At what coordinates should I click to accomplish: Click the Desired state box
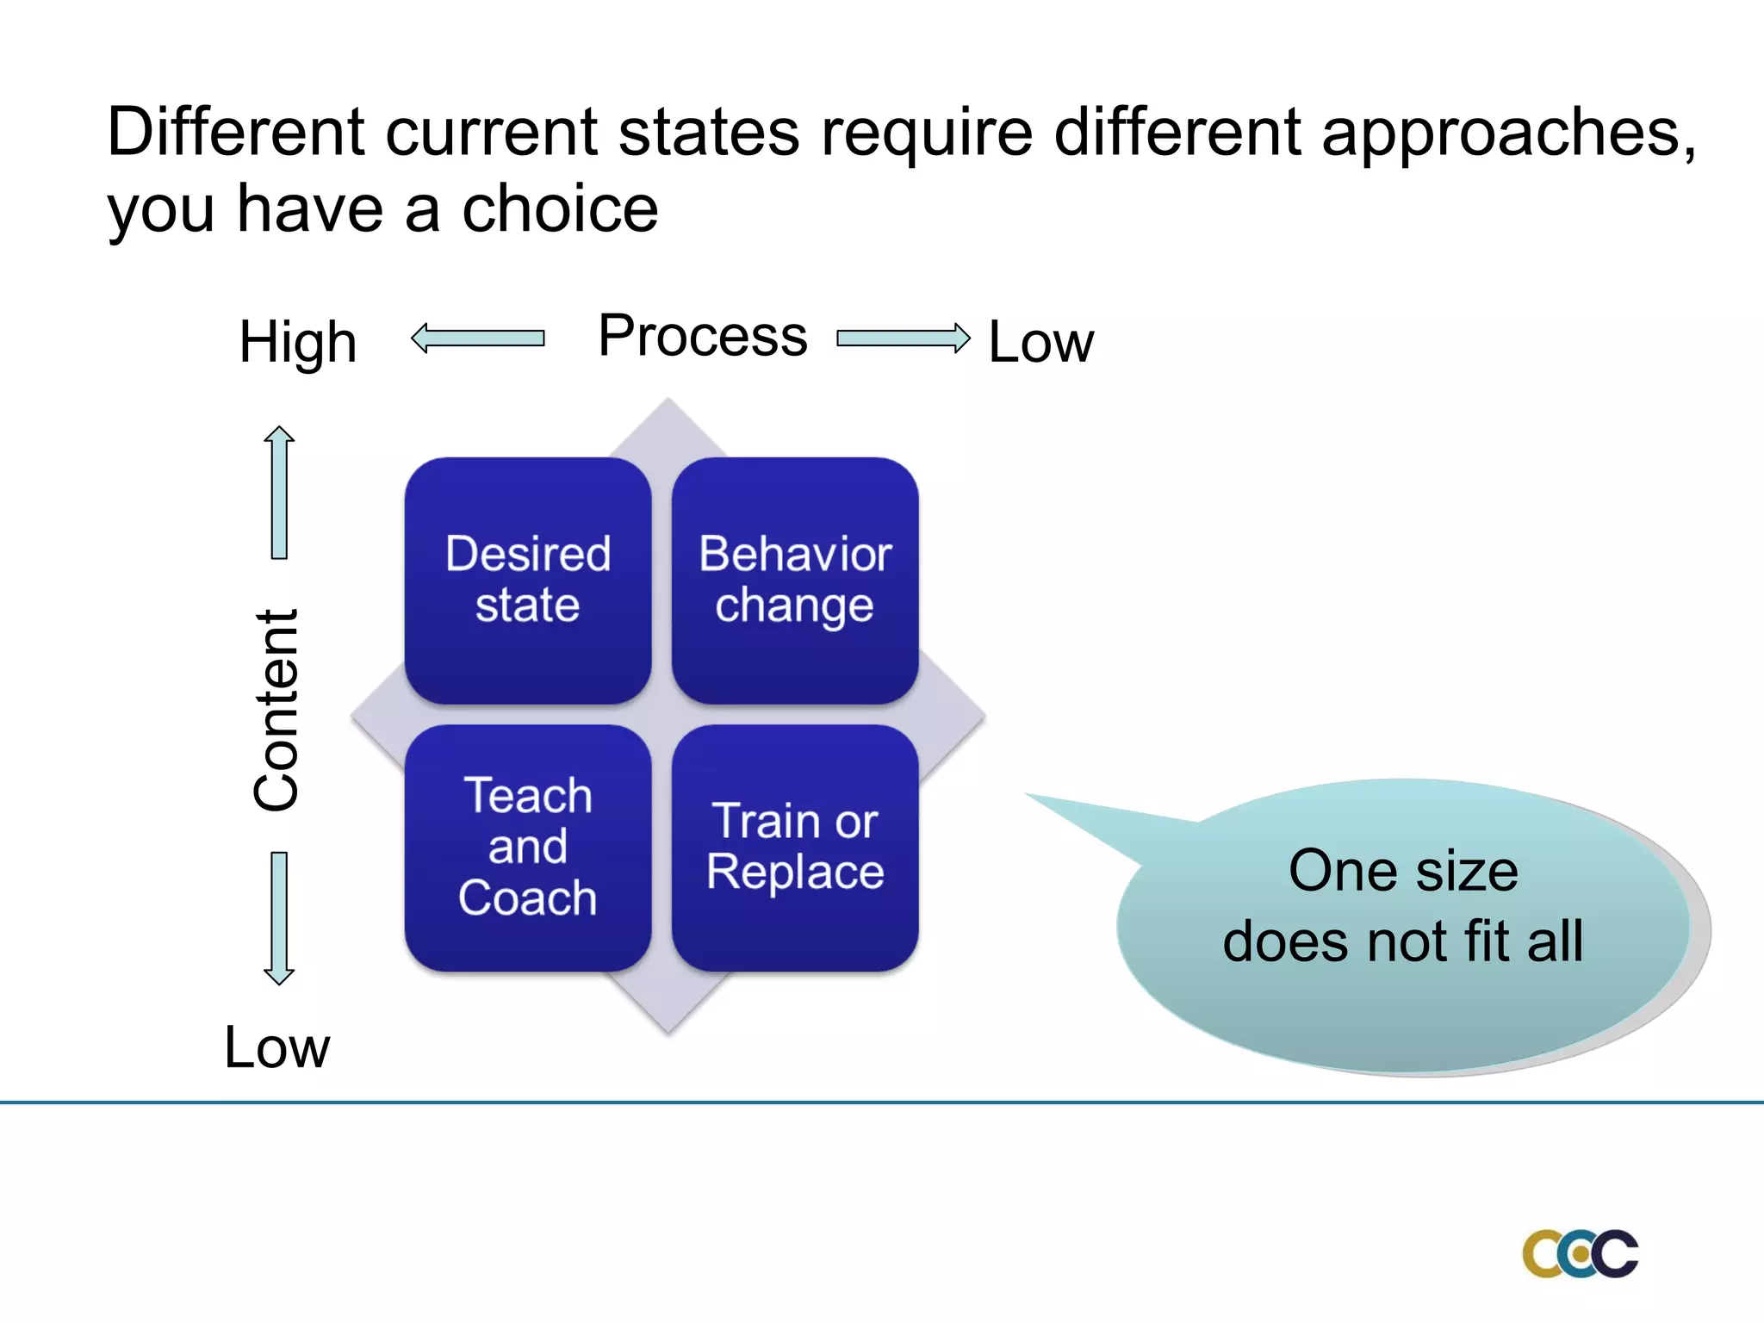(x=528, y=580)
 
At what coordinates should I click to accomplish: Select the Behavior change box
(x=795, y=580)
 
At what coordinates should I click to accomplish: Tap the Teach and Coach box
(x=528, y=848)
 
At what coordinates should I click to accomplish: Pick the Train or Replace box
(x=795, y=848)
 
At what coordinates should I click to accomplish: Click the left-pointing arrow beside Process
(x=478, y=338)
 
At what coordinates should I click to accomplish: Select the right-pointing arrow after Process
(x=903, y=338)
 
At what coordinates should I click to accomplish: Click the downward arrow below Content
(x=279, y=918)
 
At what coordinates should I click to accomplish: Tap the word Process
(x=703, y=336)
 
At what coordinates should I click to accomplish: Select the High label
(x=298, y=342)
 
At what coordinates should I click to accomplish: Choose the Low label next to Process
(x=1040, y=342)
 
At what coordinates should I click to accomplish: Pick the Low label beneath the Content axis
(x=276, y=1047)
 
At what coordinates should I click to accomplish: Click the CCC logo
(x=1580, y=1253)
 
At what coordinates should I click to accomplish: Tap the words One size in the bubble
(x=1403, y=871)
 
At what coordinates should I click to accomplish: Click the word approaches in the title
(x=1499, y=134)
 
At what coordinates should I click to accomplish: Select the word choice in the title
(x=560, y=209)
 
